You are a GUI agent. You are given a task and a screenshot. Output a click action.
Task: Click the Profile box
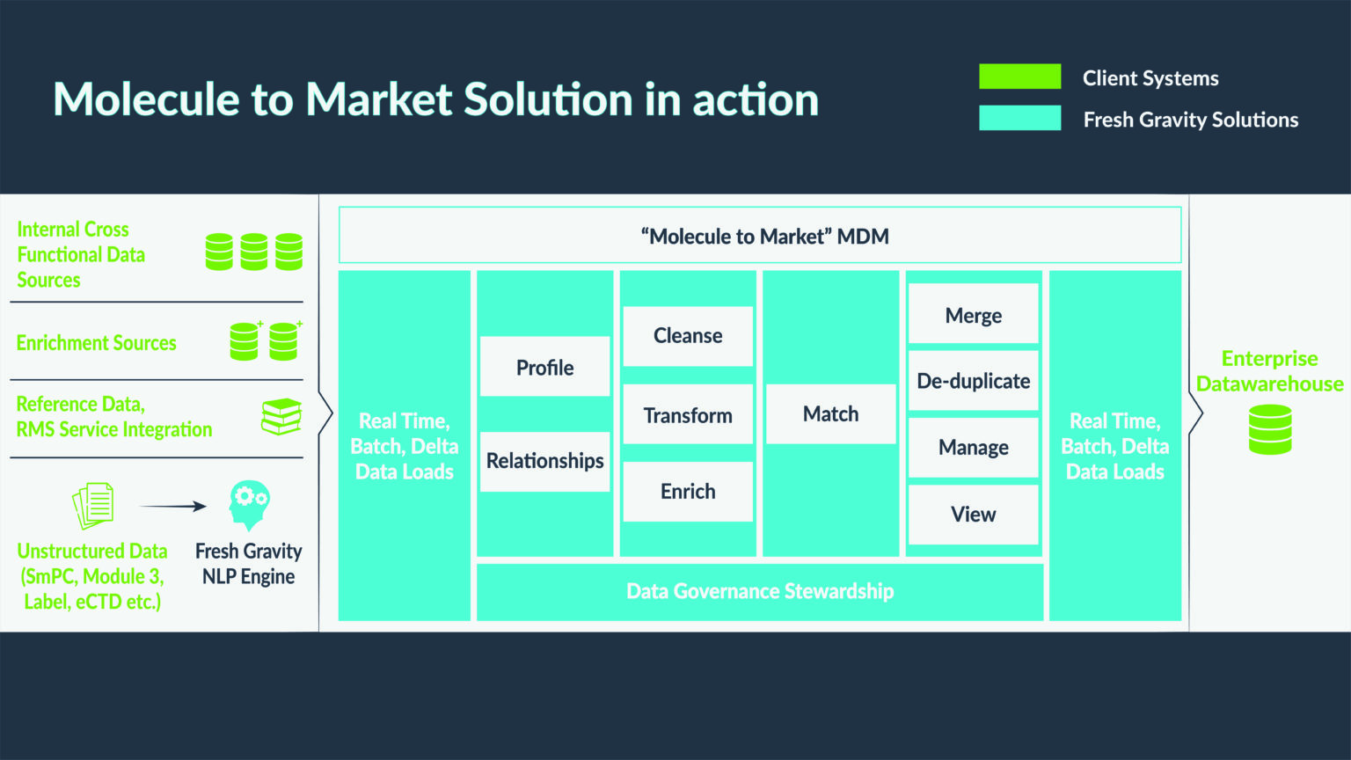click(544, 367)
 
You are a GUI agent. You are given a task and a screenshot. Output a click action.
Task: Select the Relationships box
click(544, 461)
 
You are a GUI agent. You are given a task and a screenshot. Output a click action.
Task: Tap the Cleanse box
click(688, 336)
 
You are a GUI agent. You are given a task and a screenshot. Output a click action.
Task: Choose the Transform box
click(688, 414)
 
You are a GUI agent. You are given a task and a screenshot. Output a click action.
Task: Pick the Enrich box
click(688, 492)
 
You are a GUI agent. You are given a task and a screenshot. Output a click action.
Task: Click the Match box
click(830, 413)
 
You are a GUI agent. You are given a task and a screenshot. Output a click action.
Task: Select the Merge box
click(973, 314)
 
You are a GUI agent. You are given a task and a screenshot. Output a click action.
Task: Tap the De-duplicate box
click(973, 381)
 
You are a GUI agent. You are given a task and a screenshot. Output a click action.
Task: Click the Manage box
click(973, 447)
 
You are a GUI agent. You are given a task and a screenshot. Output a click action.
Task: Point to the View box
click(973, 515)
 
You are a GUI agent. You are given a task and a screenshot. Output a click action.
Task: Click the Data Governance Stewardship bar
click(760, 592)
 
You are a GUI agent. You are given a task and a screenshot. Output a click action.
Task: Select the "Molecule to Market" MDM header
click(760, 236)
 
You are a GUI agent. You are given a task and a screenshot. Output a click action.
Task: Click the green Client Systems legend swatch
click(1019, 77)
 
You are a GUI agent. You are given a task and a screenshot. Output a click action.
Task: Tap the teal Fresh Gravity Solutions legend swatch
click(1019, 118)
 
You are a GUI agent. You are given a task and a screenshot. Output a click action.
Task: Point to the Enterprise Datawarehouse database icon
click(1270, 429)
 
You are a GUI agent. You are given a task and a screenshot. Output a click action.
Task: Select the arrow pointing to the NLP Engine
click(173, 507)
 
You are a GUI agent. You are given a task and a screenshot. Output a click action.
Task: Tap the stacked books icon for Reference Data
click(281, 416)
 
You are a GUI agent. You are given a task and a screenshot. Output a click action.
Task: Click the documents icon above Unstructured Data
click(93, 505)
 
